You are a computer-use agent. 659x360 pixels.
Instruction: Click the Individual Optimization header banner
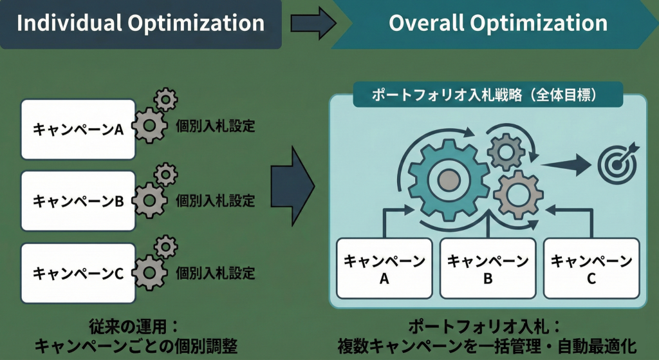[x=140, y=24]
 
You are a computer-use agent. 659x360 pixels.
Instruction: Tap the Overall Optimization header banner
[x=496, y=24]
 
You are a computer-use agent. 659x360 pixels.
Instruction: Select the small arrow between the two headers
[x=313, y=24]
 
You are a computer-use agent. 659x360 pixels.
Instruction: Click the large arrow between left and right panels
[x=293, y=186]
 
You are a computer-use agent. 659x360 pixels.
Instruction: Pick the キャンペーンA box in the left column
[x=78, y=129]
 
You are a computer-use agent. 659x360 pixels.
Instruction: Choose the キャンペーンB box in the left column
[x=78, y=200]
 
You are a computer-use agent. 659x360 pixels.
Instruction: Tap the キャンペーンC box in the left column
[x=78, y=273]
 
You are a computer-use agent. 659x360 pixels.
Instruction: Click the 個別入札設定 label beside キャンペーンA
[x=215, y=126]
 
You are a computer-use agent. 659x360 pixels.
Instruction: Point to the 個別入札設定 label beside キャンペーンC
[x=215, y=273]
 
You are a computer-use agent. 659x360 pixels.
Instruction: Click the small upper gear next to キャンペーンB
[x=165, y=175]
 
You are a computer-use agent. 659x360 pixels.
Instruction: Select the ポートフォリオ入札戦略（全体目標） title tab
[x=488, y=95]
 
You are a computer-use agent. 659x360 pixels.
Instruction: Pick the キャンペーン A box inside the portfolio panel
[x=384, y=269]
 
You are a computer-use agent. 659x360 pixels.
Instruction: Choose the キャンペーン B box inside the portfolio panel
[x=488, y=269]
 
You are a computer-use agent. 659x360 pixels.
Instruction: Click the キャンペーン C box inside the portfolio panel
[x=591, y=269]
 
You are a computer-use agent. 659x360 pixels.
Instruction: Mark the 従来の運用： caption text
[x=134, y=327]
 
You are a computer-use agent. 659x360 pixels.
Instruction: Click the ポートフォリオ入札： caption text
[x=485, y=327]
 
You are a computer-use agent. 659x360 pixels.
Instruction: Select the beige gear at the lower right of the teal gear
[x=518, y=195]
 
